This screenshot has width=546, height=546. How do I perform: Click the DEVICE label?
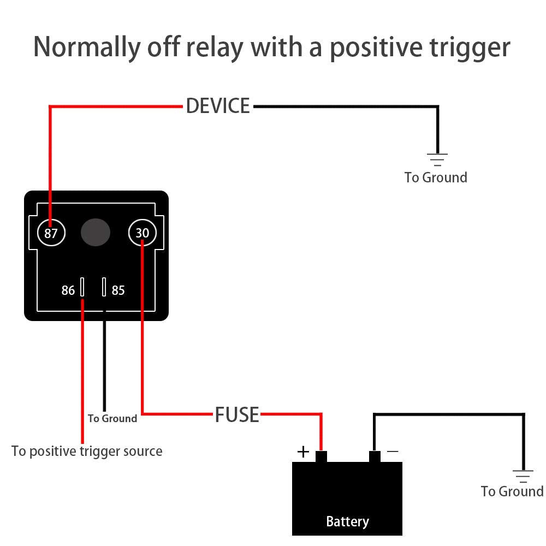[x=218, y=106]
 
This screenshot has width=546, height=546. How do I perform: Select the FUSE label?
[x=237, y=415]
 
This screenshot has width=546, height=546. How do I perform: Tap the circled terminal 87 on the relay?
[x=51, y=234]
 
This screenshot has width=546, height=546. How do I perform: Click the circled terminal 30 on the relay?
[x=143, y=234]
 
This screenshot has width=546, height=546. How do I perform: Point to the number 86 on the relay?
[x=68, y=290]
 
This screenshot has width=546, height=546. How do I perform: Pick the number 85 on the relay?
[x=118, y=290]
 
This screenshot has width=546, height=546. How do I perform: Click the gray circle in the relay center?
[x=96, y=233]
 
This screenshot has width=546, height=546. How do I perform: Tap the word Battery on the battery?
[x=347, y=521]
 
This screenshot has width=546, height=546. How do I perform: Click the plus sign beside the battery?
[x=303, y=452]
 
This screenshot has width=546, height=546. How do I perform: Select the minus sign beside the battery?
[x=392, y=452]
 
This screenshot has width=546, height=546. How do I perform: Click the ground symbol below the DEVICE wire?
[x=437, y=159]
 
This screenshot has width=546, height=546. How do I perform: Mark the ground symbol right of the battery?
[x=523, y=476]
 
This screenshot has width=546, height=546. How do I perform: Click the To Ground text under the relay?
[x=112, y=419]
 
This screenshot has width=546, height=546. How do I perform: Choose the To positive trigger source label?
[x=87, y=452]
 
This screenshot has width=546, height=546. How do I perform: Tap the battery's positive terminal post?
[x=321, y=456]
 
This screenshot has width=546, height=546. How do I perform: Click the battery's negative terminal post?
[x=375, y=456]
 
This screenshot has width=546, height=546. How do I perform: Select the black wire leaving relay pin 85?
[x=104, y=366]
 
